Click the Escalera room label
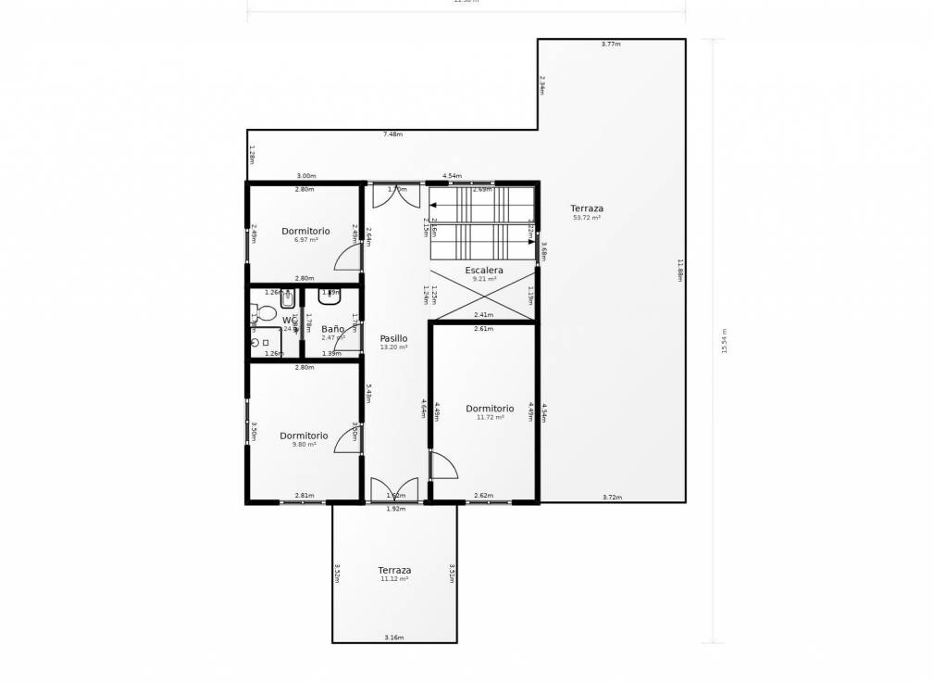click(484, 271)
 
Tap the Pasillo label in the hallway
click(393, 339)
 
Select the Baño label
click(333, 329)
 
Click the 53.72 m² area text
click(587, 218)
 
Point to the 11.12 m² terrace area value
click(394, 579)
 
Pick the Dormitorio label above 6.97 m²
click(305, 231)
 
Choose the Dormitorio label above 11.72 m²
click(490, 409)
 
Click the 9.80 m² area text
click(304, 445)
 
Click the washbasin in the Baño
click(330, 297)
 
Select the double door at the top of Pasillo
click(395, 196)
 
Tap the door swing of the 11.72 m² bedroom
click(443, 465)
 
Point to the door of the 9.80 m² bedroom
click(348, 438)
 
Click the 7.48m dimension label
click(392, 134)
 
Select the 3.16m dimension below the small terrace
click(394, 638)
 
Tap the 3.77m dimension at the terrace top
click(611, 44)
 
